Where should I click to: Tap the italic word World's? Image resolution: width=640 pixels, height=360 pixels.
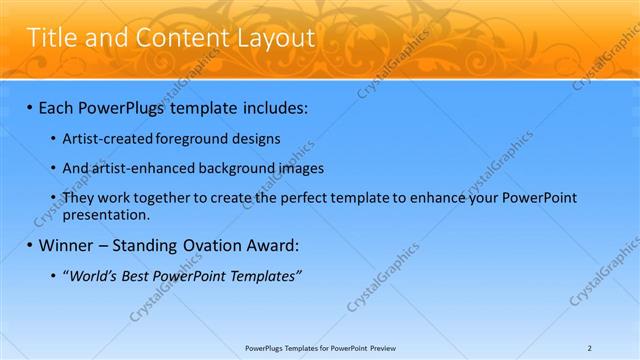[92, 275]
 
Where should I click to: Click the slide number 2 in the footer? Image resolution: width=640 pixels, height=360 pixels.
[590, 347]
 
